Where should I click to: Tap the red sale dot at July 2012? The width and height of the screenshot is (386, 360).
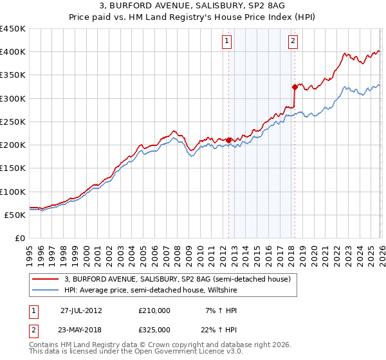pos(229,139)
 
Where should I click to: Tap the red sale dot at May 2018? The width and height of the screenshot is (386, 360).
pos(295,86)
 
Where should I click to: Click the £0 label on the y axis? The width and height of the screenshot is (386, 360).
pos(19,238)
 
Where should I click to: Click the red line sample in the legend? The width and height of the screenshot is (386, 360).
pos(45,279)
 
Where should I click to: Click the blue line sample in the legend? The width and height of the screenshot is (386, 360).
pos(45,291)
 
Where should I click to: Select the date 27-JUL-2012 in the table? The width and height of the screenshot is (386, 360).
pos(81,310)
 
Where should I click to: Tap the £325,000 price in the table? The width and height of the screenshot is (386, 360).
pos(154,329)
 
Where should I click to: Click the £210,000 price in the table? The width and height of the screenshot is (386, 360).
pos(154,310)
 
